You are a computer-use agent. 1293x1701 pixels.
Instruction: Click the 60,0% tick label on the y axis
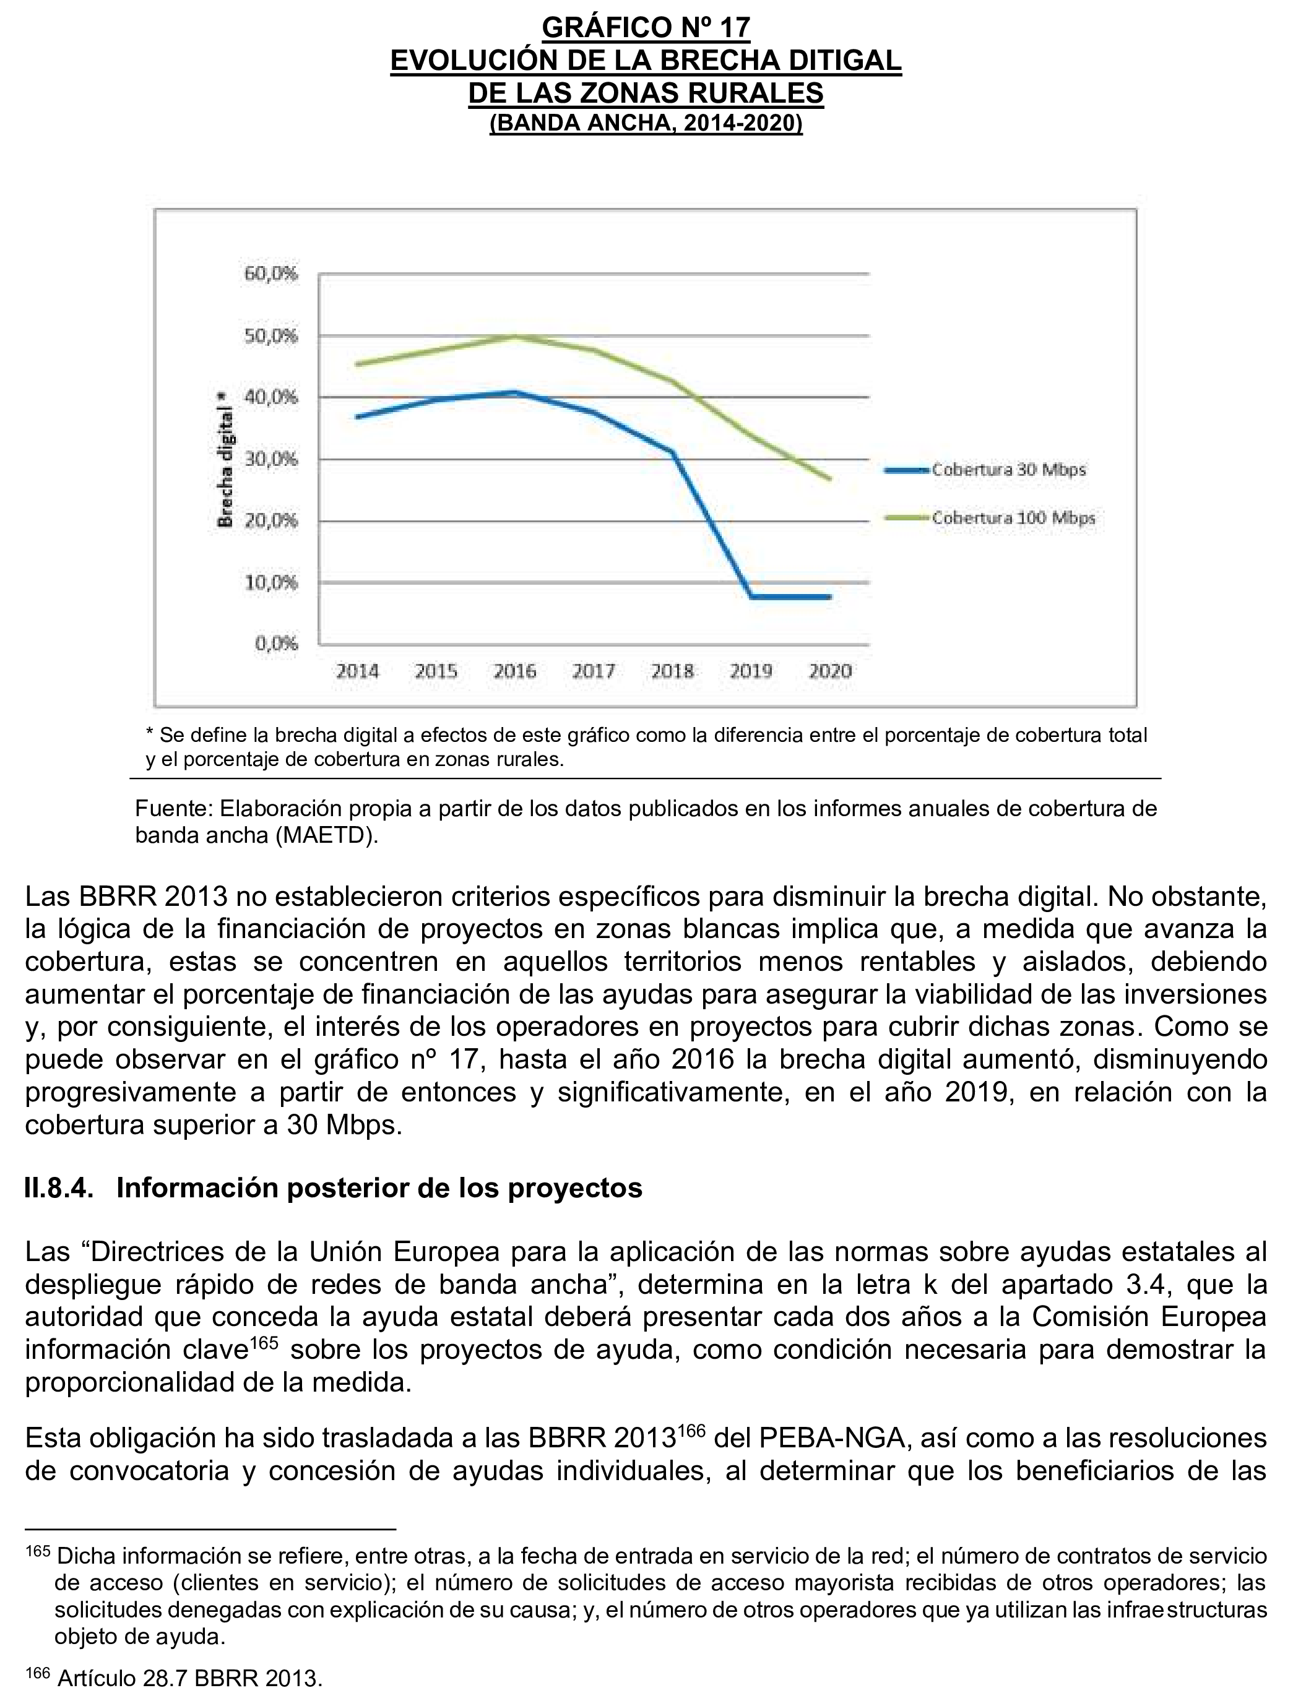(x=271, y=275)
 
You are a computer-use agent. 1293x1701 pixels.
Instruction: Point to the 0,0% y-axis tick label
(x=275, y=644)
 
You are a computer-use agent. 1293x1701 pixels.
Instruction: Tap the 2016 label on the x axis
(x=515, y=671)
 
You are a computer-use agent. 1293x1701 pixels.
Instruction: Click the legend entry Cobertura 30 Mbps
(x=1008, y=470)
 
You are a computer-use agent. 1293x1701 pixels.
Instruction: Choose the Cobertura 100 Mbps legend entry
(x=1013, y=518)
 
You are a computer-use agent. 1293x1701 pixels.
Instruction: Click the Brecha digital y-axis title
(x=225, y=459)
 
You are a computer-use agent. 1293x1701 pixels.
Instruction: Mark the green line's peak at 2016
(x=515, y=335)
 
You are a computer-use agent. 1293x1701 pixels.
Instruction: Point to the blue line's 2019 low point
(x=751, y=596)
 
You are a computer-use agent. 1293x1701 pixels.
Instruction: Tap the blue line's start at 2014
(x=358, y=417)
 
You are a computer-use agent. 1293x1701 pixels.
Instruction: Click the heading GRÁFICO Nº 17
(x=646, y=28)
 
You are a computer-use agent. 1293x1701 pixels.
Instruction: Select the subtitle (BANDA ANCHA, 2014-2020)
(x=646, y=124)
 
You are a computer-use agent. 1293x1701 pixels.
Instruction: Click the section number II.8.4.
(x=59, y=1189)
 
